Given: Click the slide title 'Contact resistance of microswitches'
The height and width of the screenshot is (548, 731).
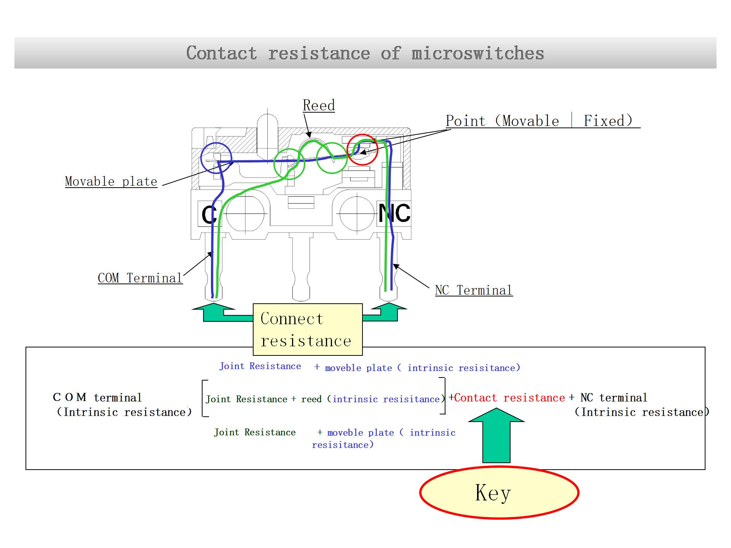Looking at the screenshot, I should tap(365, 53).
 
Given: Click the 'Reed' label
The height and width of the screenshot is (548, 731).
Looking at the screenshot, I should tap(319, 105).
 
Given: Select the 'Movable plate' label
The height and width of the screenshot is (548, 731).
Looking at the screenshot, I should tap(111, 182).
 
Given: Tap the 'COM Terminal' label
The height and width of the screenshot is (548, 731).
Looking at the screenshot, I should tap(140, 278).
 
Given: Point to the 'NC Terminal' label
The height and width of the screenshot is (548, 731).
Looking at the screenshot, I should tap(474, 290).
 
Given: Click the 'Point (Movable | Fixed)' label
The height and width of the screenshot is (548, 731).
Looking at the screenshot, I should tap(539, 121).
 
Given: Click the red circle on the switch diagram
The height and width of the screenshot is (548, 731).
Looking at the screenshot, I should tap(362, 149).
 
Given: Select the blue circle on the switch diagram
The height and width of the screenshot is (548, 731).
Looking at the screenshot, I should tap(216, 158).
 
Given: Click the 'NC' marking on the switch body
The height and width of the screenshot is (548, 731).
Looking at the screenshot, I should tap(394, 213).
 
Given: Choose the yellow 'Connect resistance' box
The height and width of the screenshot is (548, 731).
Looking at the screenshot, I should tap(308, 330).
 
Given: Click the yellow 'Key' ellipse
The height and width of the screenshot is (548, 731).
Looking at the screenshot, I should tap(499, 493).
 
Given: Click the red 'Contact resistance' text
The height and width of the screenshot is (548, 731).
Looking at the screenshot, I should tap(509, 398).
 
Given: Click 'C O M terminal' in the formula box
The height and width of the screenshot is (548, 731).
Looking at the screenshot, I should tap(97, 398).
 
